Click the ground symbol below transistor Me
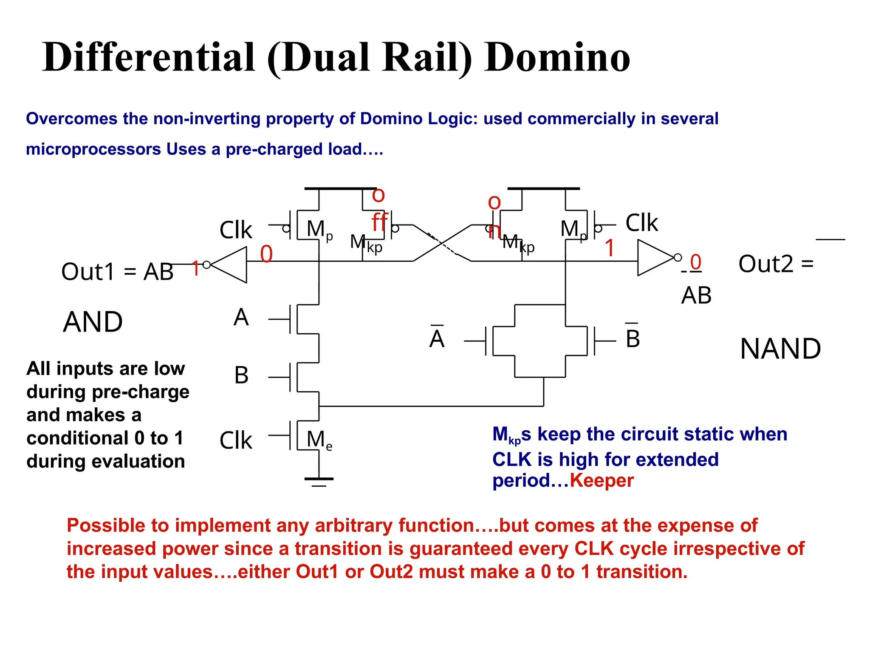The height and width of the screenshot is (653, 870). click(319, 480)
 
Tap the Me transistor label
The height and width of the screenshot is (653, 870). click(319, 440)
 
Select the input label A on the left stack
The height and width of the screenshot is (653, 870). click(241, 318)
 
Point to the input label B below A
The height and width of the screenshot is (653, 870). click(241, 375)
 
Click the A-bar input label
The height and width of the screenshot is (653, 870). click(437, 338)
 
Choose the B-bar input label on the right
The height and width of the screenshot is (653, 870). click(633, 338)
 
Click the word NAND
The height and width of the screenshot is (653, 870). click(780, 349)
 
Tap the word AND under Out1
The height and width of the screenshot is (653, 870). click(93, 322)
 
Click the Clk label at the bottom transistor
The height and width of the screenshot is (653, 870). click(236, 440)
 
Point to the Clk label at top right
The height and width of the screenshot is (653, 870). click(641, 223)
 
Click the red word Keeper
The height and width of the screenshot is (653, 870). click(602, 481)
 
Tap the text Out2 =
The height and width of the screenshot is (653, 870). click(776, 264)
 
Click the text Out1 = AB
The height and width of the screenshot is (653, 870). click(117, 272)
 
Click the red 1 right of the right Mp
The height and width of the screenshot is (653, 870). click(610, 248)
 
